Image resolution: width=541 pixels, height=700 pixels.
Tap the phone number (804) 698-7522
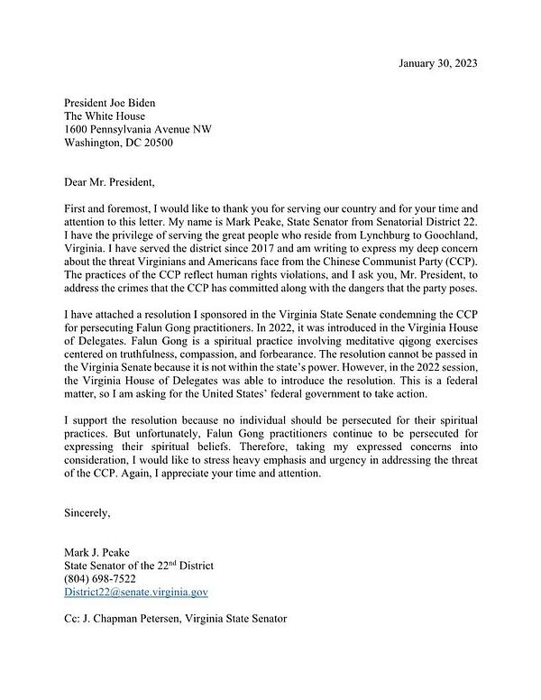[100, 579]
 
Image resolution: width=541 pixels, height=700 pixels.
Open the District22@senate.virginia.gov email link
[136, 593]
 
